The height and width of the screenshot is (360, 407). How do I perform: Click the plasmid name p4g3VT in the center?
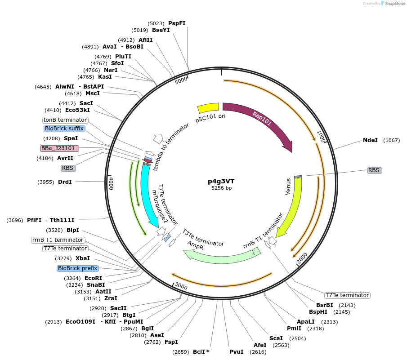click(x=221, y=181)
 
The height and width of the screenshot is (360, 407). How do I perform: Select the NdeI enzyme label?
click(x=370, y=140)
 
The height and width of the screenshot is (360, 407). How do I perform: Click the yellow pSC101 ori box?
click(x=208, y=108)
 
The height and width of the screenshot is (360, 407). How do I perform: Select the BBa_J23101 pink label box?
click(x=59, y=148)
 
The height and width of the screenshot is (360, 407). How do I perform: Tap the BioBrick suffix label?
click(x=64, y=129)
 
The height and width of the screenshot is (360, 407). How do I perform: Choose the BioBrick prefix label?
click(x=77, y=268)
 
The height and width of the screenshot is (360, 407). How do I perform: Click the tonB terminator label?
click(x=65, y=120)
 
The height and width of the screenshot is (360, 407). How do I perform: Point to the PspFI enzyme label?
click(x=177, y=23)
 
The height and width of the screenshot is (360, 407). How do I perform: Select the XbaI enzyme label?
click(x=83, y=258)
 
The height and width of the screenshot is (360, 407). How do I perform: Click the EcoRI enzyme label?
click(x=93, y=278)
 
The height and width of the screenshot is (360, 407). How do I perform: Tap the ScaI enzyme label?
click(x=276, y=338)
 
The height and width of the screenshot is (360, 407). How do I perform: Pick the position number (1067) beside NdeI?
click(x=391, y=140)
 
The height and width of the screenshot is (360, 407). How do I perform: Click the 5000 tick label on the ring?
click(x=181, y=80)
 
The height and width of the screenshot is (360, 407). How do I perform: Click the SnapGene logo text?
click(x=391, y=4)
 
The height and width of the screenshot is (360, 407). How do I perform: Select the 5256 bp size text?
click(x=221, y=188)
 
